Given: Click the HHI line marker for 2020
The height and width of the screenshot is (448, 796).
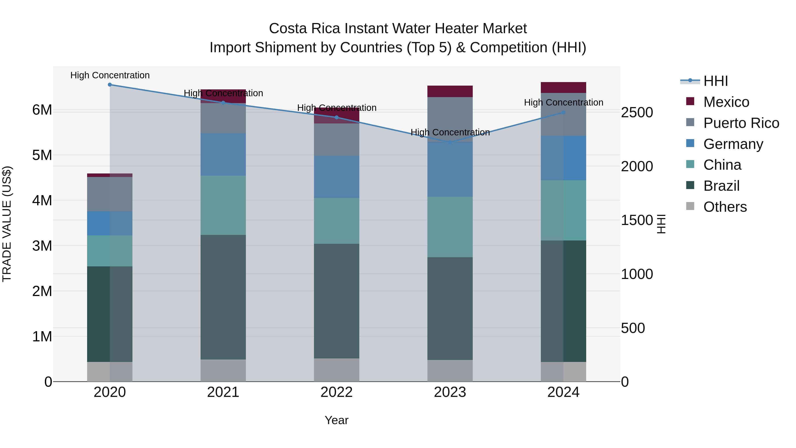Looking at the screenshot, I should pos(110,85).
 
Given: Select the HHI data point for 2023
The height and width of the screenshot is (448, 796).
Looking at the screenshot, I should pos(450,142).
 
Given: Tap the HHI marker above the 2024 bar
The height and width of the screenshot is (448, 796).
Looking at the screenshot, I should pos(563,113).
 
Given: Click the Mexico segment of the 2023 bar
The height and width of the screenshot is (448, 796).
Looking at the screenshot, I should pos(450,92).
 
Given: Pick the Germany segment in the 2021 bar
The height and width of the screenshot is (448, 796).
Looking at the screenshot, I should pos(223,155).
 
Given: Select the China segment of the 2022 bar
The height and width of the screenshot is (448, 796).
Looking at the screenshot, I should pos(337,221).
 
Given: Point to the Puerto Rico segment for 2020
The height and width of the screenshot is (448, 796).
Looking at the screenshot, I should pos(110,194).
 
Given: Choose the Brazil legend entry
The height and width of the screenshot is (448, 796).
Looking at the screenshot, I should pos(721,186).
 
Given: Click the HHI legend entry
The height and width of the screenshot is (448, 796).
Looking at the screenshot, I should pos(715,81).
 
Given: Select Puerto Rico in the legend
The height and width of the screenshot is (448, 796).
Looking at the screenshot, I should pos(741,123).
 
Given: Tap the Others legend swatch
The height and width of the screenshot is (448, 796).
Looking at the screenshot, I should pos(690,206).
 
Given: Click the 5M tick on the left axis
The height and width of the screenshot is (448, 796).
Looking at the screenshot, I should pos(42,155).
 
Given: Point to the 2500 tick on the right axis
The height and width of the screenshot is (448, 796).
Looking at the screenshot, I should pos(637,113).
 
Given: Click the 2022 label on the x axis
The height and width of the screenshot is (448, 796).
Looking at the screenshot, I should pos(337,392).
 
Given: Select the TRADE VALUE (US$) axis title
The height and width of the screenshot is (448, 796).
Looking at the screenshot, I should pos(7,224).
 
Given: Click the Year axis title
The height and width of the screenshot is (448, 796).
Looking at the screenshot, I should pos(337,420).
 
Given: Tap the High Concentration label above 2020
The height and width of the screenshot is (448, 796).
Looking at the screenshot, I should pos(110,75).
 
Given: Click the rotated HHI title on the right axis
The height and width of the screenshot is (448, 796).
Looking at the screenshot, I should pos(661,224).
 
